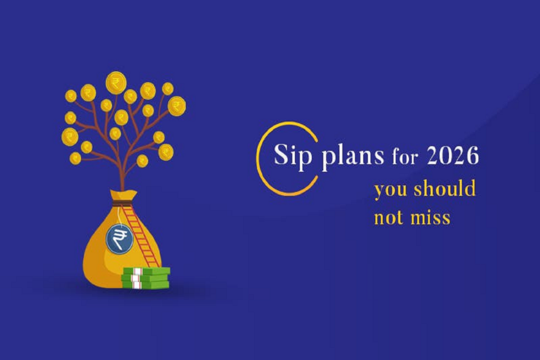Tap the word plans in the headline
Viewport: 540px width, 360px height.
click(353, 157)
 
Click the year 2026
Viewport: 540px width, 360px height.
click(452, 155)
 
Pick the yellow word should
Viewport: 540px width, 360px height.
click(445, 188)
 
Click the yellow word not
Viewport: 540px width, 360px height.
click(388, 218)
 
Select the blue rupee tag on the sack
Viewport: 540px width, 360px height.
click(119, 238)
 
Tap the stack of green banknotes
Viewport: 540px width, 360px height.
click(146, 278)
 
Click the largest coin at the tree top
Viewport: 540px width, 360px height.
click(116, 83)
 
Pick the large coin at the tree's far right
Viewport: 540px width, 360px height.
click(177, 105)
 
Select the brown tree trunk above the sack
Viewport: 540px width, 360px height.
click(121, 172)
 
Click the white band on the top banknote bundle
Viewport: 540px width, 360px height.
click(137, 271)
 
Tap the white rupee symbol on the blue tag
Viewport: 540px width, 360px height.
click(120, 239)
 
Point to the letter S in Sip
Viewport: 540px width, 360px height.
click(281, 154)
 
